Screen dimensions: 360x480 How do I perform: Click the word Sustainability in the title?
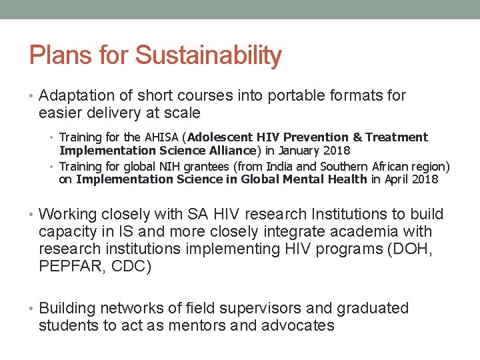click(208, 55)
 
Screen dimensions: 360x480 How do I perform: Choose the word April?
click(398, 179)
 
